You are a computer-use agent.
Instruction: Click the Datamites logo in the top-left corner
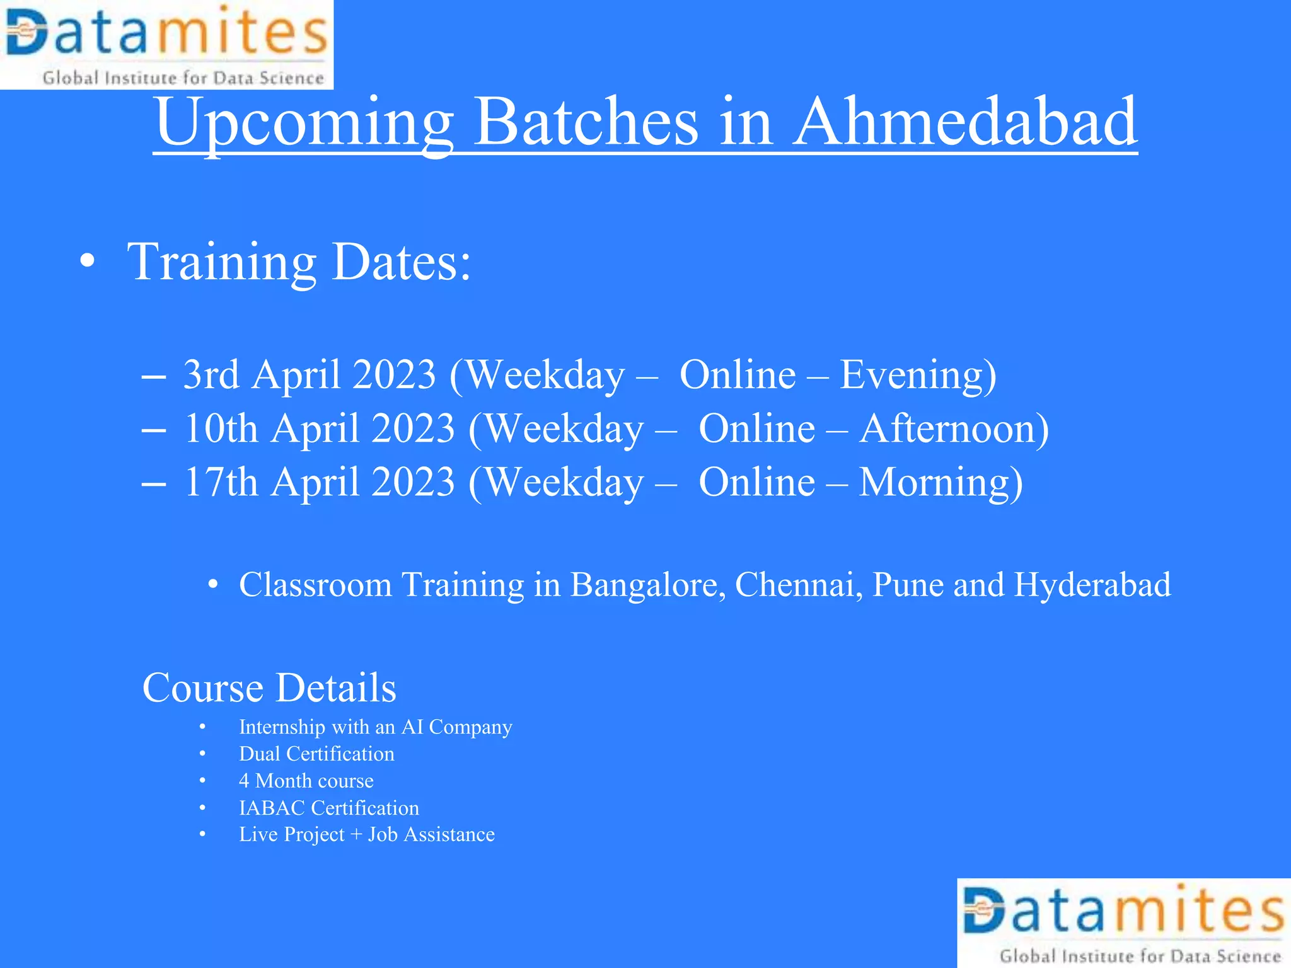click(166, 44)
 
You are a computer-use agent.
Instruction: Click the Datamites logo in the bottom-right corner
click(1124, 923)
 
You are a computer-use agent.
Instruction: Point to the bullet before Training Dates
click(88, 261)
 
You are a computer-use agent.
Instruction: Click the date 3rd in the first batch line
click(211, 374)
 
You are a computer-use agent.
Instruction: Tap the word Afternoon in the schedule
click(953, 429)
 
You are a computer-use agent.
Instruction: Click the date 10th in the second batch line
click(221, 429)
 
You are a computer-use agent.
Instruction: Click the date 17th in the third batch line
click(221, 482)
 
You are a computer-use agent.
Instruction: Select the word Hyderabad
click(1092, 585)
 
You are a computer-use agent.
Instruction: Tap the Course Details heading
click(269, 688)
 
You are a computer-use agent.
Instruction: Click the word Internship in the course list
click(282, 727)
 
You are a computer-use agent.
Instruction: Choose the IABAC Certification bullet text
click(328, 808)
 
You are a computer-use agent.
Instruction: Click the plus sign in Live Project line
click(356, 835)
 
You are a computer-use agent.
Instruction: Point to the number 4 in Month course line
click(244, 781)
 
